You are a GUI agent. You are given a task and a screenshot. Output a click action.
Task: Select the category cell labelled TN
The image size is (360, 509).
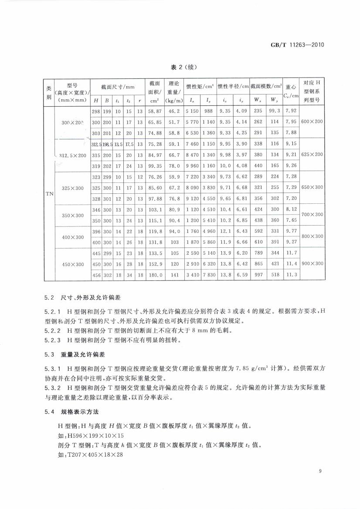[49, 193]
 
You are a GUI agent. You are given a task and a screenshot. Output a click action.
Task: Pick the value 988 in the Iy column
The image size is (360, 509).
[208, 111]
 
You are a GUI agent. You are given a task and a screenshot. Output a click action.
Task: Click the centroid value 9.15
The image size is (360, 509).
[291, 144]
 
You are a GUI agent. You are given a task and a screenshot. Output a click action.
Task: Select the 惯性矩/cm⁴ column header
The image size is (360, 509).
[200, 87]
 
